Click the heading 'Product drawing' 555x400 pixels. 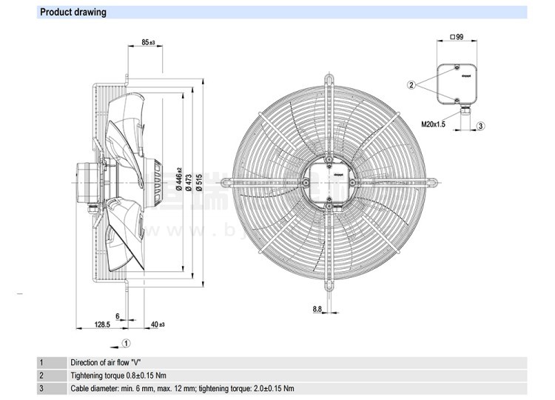click(73, 13)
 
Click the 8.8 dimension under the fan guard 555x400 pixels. click(316, 309)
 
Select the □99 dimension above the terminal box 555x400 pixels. click(456, 37)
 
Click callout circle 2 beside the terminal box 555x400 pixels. click(411, 85)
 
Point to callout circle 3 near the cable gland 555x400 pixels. click(480, 126)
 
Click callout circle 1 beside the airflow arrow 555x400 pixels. click(127, 342)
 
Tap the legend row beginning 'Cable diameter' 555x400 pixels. click(182, 388)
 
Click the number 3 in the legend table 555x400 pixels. click(41, 388)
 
